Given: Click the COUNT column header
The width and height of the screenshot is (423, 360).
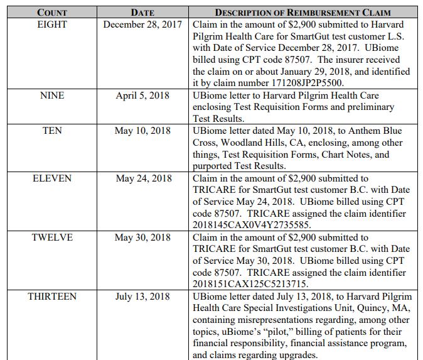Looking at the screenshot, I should coord(52,13).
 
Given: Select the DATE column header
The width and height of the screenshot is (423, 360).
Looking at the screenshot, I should coord(142,13).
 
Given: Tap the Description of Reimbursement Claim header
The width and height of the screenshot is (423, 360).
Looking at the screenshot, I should coord(303,13).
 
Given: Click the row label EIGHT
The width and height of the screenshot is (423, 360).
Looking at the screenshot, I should coord(52,25).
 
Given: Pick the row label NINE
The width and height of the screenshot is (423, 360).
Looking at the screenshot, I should coord(52,95).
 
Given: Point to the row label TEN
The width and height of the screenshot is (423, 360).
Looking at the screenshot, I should coord(52,131).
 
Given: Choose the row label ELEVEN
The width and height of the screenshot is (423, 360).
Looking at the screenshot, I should coord(52,178).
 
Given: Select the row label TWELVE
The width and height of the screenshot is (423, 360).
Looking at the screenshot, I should coord(52,237).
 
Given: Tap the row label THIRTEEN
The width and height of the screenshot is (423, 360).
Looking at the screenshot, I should coord(52,297).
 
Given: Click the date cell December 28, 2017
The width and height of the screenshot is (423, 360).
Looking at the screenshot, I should coord(142,25).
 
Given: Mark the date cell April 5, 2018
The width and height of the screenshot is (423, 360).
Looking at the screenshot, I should coord(142,95).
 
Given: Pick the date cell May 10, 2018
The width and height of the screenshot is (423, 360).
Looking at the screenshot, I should coord(142,131).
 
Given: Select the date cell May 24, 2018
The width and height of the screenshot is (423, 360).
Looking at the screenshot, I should coord(142,178).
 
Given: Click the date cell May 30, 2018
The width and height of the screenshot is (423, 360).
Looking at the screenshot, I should coord(142,237).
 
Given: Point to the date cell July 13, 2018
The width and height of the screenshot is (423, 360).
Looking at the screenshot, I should coord(142,297).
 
